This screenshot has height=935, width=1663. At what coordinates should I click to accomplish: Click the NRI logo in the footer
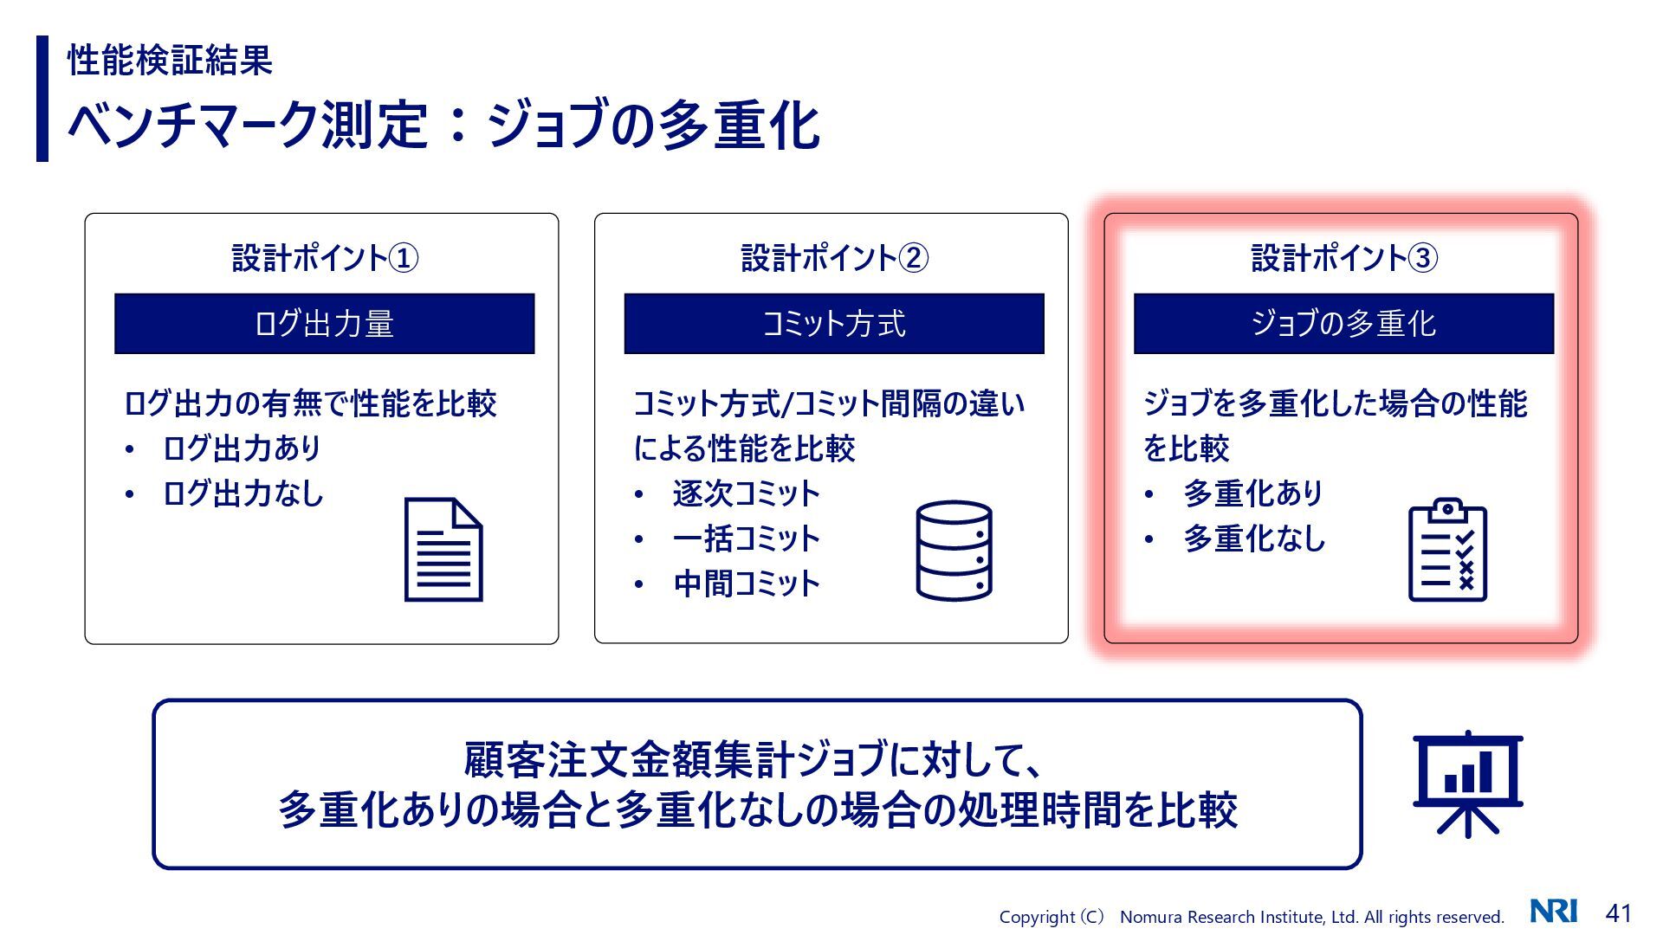tap(1554, 912)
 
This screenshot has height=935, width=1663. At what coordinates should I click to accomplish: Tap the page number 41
tap(1618, 913)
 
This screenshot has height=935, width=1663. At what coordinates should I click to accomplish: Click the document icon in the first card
tap(443, 550)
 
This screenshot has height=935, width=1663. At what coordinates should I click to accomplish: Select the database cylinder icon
tap(954, 551)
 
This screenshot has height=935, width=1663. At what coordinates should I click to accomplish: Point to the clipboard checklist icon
tap(1447, 550)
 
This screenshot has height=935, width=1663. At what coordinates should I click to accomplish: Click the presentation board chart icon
tap(1467, 783)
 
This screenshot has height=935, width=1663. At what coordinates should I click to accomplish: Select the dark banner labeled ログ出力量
tap(324, 324)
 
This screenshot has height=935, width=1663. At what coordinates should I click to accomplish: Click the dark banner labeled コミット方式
tap(833, 324)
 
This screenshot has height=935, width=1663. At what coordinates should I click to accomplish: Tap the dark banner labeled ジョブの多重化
tap(1343, 324)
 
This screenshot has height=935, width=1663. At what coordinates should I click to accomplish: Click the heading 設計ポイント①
tap(325, 258)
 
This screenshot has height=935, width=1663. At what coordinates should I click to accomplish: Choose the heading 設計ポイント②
tap(834, 258)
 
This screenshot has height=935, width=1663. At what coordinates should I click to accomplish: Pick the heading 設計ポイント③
tap(1344, 258)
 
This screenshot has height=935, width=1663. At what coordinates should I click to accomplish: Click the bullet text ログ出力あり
tap(242, 448)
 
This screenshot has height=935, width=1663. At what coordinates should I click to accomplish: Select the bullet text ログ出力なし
tap(243, 493)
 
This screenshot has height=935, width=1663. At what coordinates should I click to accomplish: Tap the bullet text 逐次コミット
tap(746, 493)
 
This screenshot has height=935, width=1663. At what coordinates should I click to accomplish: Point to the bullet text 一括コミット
tap(746, 538)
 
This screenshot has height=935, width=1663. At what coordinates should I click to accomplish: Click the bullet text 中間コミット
tap(746, 584)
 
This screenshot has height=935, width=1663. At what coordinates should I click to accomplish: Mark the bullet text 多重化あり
tap(1253, 493)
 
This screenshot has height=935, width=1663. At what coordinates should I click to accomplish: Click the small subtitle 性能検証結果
tap(170, 60)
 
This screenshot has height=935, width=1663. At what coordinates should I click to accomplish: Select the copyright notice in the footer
tap(1251, 917)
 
